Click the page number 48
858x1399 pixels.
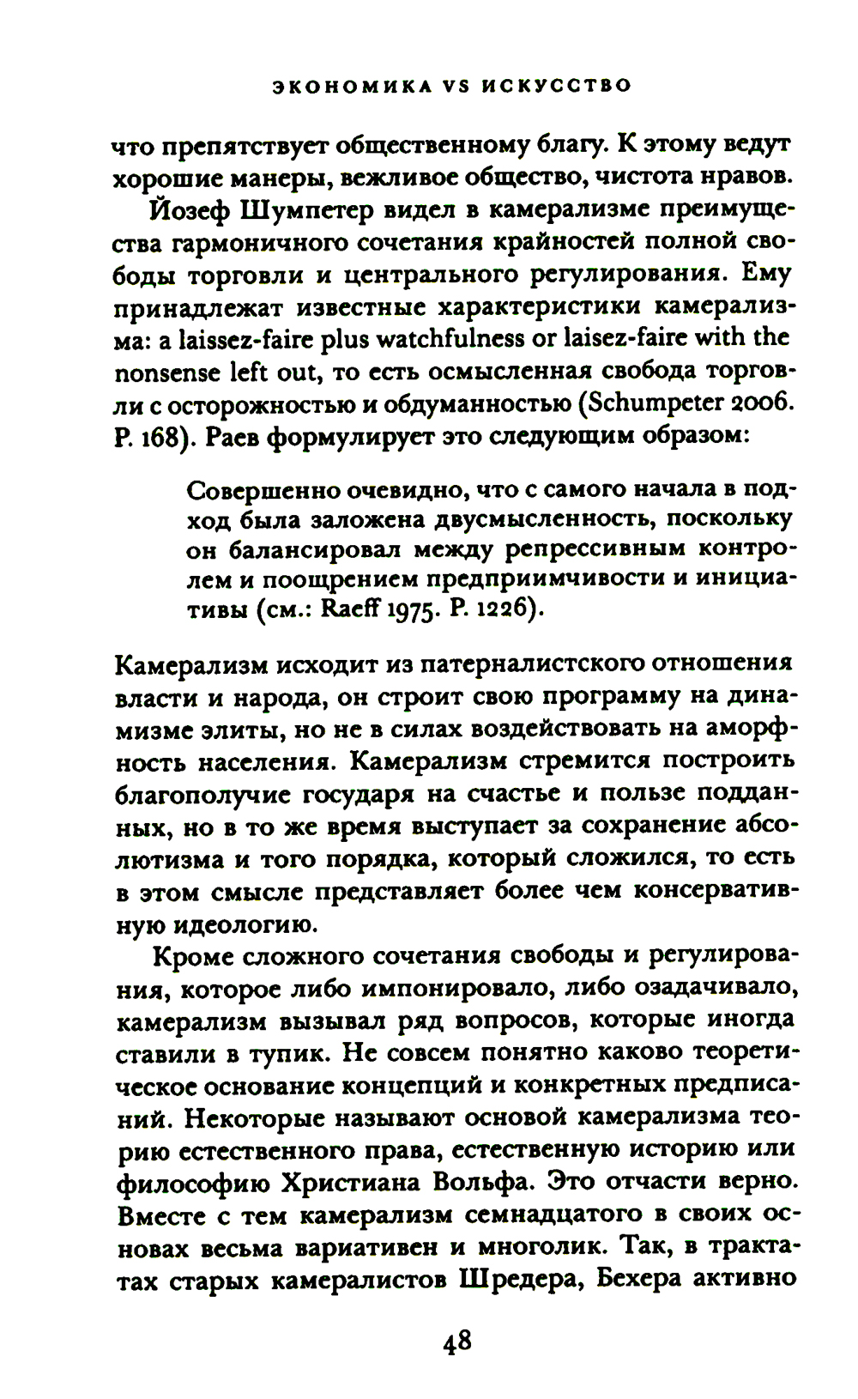457,1340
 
